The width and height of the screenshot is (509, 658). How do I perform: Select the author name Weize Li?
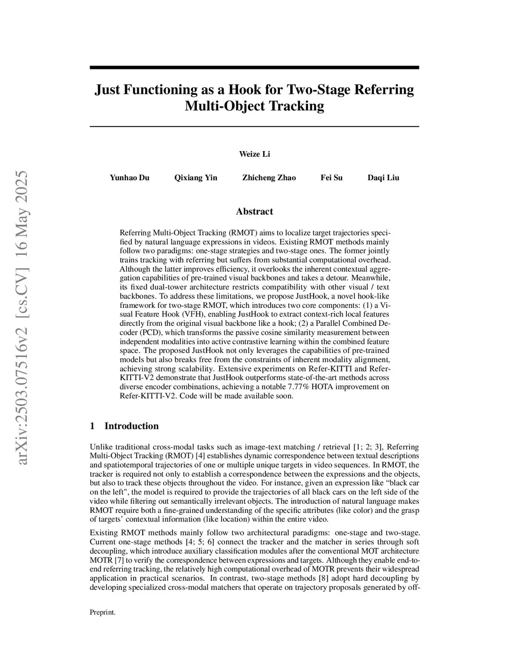(254, 154)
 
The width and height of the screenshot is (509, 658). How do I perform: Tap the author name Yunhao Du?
(129, 178)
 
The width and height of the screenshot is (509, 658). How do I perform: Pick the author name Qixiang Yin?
(196, 178)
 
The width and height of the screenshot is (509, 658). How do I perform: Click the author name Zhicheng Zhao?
(269, 178)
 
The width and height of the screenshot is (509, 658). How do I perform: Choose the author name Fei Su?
(332, 178)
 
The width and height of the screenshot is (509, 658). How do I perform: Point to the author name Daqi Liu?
(383, 178)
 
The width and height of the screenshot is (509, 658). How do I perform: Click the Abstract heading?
(254, 212)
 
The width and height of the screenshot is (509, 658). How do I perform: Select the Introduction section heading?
(131, 426)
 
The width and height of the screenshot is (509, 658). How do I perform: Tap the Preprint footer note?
(102, 612)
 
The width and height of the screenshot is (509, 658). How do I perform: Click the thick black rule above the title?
(254, 68)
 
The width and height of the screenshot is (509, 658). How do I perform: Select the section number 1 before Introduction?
(92, 426)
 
